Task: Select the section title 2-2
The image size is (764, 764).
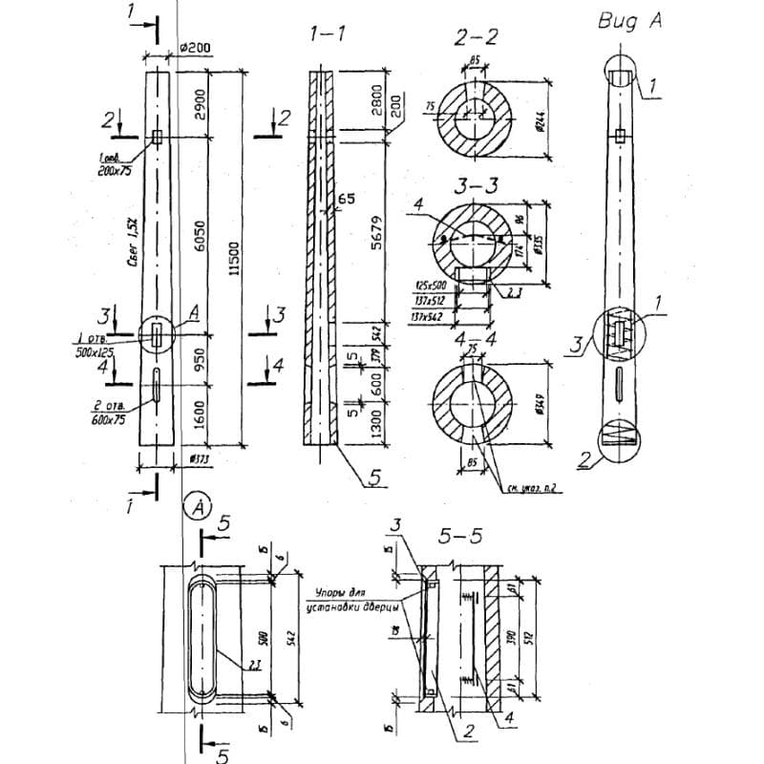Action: click(x=475, y=37)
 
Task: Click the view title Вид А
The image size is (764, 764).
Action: click(x=630, y=21)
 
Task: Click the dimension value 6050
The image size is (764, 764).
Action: click(x=200, y=233)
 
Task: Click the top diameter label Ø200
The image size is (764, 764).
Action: click(x=194, y=49)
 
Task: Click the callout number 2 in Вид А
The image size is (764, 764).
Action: click(x=584, y=458)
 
